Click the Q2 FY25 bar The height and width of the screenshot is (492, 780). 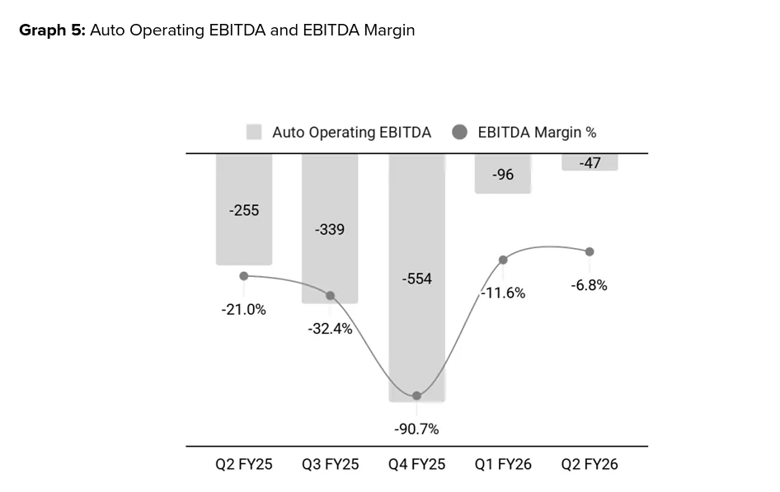[x=244, y=209]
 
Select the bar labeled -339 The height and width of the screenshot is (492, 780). [x=330, y=228]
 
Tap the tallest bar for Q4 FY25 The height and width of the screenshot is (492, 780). [x=416, y=278]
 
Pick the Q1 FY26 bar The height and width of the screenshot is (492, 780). [x=503, y=174]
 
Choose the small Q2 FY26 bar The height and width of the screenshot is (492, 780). [x=590, y=162]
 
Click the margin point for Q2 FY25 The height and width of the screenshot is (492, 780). [x=244, y=276]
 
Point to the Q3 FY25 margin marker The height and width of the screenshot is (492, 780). [x=331, y=295]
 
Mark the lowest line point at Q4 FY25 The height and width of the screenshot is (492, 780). [x=416, y=396]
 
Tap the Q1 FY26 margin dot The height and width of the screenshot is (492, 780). [x=503, y=260]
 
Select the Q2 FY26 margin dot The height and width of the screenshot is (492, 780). [x=590, y=251]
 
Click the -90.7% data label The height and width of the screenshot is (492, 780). [x=416, y=429]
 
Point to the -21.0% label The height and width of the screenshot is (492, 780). [x=243, y=310]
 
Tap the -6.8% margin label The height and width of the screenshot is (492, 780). [x=589, y=285]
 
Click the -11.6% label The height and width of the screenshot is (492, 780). [x=503, y=293]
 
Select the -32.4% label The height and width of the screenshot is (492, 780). [x=330, y=329]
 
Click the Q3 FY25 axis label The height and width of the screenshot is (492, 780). [x=330, y=464]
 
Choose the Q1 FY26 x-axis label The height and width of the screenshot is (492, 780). [x=503, y=464]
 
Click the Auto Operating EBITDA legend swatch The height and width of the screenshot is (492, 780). [x=254, y=132]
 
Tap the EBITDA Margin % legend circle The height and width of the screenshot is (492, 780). [x=460, y=132]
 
